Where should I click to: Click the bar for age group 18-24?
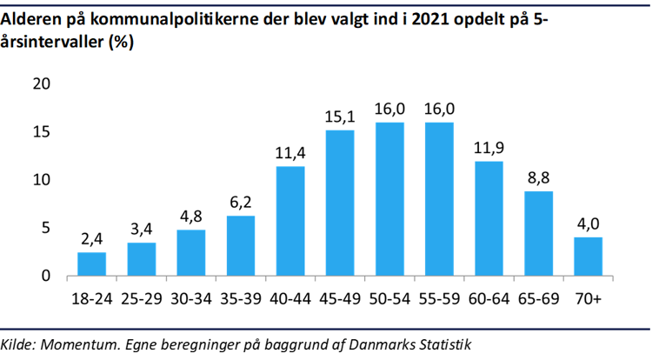coord(91,264)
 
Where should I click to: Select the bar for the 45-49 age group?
coord(340,203)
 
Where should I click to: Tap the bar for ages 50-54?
coord(389,199)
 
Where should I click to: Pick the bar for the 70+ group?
coord(588,257)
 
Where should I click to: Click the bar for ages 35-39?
coord(241,246)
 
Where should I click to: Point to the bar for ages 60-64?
coord(489,218)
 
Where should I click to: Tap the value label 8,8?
coord(538,177)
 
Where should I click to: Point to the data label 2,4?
coord(91,238)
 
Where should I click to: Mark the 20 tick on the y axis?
coord(42,83)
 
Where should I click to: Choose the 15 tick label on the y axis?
coord(42,132)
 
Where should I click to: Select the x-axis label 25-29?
coord(141,298)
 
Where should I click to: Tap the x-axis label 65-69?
coord(538,298)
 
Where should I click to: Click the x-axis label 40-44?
coord(290,298)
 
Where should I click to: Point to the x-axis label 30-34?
coord(190,298)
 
